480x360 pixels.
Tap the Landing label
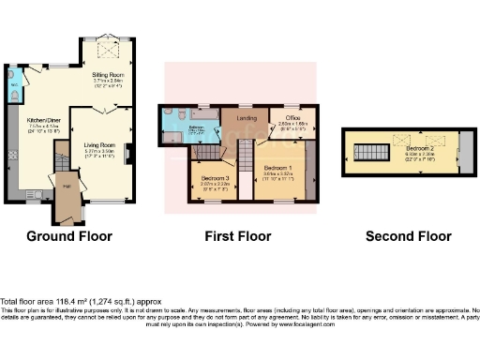247,118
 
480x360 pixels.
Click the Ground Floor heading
71,236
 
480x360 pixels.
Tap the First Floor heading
239,236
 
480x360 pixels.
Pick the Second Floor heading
404,236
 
